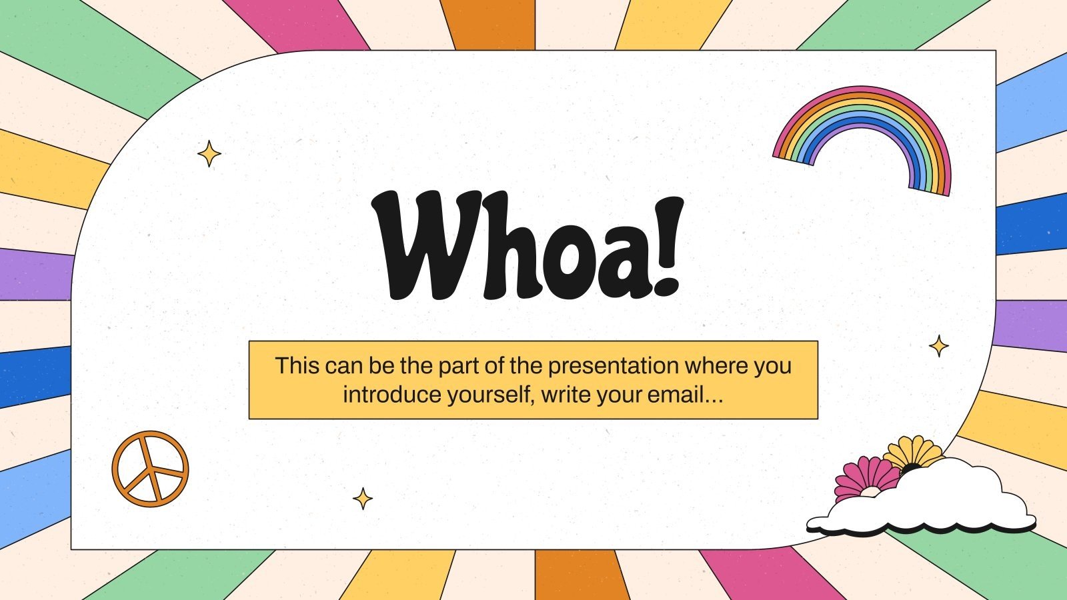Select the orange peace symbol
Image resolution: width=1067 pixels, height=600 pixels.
click(150, 469)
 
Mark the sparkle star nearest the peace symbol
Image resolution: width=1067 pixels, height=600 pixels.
click(363, 498)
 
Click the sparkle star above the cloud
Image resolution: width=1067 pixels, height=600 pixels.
click(939, 346)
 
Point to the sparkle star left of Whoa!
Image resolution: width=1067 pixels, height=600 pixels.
click(209, 153)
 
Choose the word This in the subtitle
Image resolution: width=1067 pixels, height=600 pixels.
click(297, 365)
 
